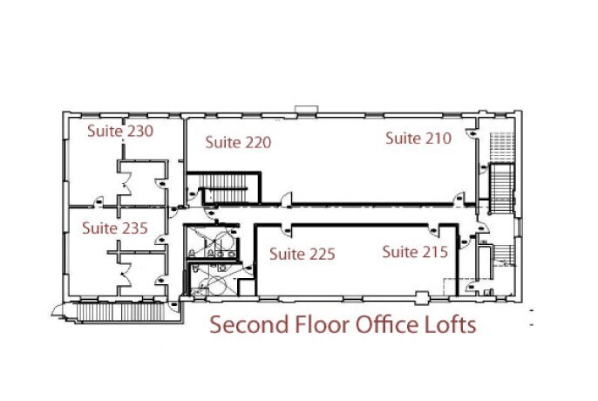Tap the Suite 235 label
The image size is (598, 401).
pyautogui.click(x=115, y=228)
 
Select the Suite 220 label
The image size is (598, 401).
pyautogui.click(x=238, y=142)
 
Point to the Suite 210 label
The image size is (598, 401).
pyautogui.click(x=418, y=138)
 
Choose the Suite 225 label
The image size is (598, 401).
pyautogui.click(x=302, y=255)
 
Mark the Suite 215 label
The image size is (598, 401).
pyautogui.click(x=416, y=253)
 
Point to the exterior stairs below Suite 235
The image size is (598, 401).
pyautogui.click(x=118, y=307)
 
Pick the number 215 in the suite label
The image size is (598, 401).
pyautogui.click(x=435, y=253)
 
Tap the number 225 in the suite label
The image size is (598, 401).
pyautogui.click(x=321, y=255)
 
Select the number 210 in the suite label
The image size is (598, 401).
pyautogui.click(x=438, y=138)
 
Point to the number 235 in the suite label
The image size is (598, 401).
pyautogui.click(x=133, y=228)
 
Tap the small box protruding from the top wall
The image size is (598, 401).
pyautogui.click(x=308, y=109)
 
